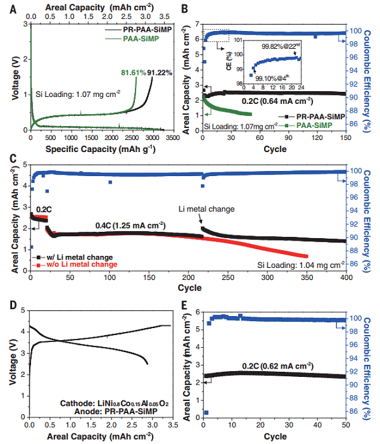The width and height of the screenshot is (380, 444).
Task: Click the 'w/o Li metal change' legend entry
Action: point(80,265)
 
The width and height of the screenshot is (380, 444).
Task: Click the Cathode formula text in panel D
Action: point(114,402)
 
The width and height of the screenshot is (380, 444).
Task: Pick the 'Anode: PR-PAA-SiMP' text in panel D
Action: point(114,412)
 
